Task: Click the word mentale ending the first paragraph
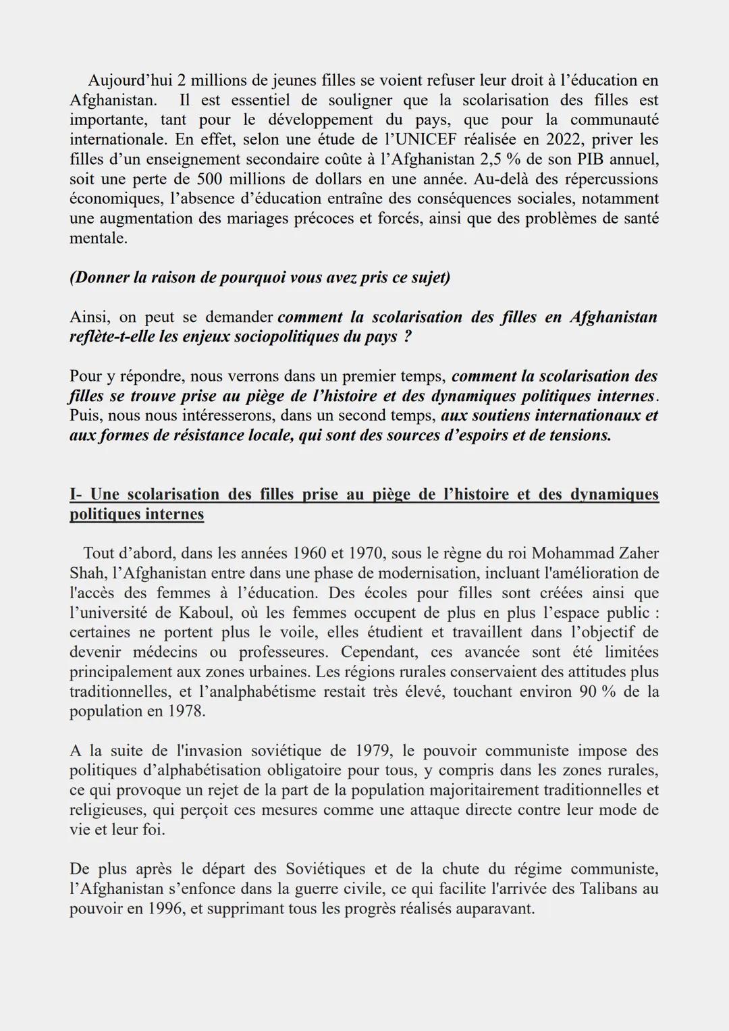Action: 97,238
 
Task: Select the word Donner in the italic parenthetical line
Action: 98,277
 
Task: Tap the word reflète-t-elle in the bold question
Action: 111,337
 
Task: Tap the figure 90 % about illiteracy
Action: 591,692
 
